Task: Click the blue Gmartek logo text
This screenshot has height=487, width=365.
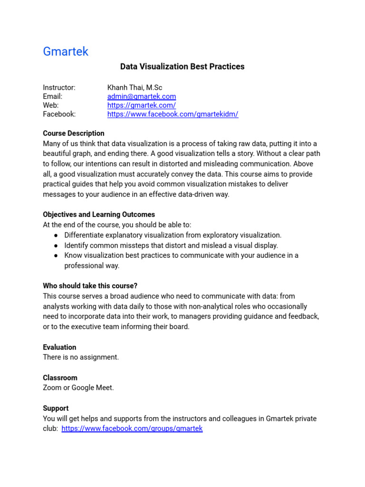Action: pyautogui.click(x=66, y=51)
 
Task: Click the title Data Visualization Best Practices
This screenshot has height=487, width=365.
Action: pyautogui.click(x=182, y=67)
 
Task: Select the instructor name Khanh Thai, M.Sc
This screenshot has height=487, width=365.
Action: pyautogui.click(x=134, y=88)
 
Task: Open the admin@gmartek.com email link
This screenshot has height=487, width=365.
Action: pyautogui.click(x=142, y=97)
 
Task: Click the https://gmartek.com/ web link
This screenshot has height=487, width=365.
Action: pyautogui.click(x=141, y=105)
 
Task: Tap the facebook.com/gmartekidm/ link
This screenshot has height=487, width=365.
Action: pyautogui.click(x=173, y=114)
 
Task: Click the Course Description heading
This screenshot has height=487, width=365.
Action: pyautogui.click(x=74, y=133)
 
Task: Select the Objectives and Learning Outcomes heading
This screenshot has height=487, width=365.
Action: pyautogui.click(x=99, y=214)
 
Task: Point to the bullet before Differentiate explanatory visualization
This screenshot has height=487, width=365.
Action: pyautogui.click(x=56, y=235)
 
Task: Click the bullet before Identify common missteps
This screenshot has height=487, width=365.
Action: pyautogui.click(x=56, y=245)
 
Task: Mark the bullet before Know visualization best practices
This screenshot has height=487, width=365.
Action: pyautogui.click(x=56, y=255)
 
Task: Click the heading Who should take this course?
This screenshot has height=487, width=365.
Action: pyautogui.click(x=90, y=286)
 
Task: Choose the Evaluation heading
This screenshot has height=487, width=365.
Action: pyautogui.click(x=59, y=347)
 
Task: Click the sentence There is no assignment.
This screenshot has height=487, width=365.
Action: pyautogui.click(x=81, y=357)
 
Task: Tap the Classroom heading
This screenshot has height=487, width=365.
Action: pyautogui.click(x=60, y=378)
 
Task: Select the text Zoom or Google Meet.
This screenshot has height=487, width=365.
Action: pyautogui.click(x=78, y=388)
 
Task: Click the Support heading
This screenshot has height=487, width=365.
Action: pyautogui.click(x=56, y=408)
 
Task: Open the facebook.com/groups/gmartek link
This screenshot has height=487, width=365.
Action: pyautogui.click(x=132, y=429)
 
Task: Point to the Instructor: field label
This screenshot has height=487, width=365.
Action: pyautogui.click(x=59, y=88)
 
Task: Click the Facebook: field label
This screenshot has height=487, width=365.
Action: pyautogui.click(x=59, y=114)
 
